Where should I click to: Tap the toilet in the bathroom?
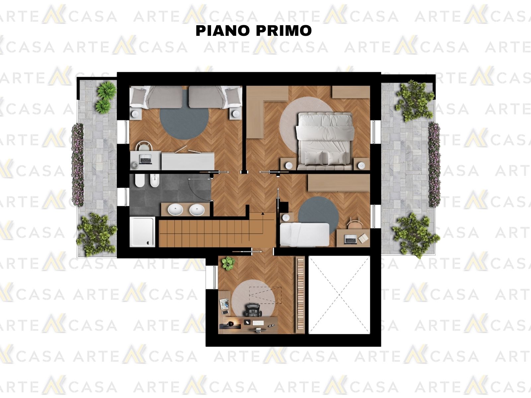pos(140,181)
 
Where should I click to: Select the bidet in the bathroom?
pos(154,181)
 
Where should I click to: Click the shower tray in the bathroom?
pos(142,232)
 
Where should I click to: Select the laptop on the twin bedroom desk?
pos(146,159)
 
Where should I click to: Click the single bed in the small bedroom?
pos(304,234)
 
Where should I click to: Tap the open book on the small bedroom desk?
pos(363,238)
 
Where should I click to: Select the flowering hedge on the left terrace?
pos(77,165)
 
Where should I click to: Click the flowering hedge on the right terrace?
pos(434,165)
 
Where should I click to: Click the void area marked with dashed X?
pos(339,295)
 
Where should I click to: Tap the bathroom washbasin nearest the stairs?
pos(197,210)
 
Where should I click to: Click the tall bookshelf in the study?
pos(300,295)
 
